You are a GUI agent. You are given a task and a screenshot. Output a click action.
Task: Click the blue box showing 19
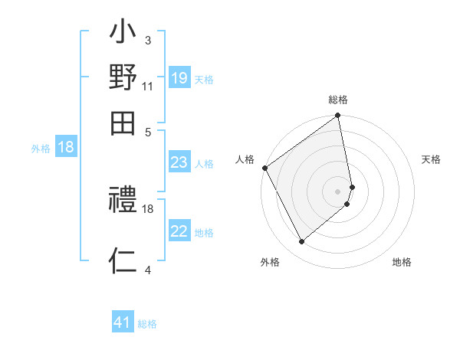(179, 77)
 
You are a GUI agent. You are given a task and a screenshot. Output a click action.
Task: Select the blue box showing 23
(179, 162)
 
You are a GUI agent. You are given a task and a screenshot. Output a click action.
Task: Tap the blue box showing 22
(179, 231)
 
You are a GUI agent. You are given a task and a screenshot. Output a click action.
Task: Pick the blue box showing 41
(123, 322)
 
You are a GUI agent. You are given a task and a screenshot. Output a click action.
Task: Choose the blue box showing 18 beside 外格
(66, 147)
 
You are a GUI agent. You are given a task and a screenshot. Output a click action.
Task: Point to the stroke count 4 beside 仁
(147, 270)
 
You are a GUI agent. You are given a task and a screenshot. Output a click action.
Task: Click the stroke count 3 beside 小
(147, 40)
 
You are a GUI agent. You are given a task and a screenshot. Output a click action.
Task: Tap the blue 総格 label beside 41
(147, 324)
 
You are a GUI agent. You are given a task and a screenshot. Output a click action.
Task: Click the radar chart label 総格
(338, 100)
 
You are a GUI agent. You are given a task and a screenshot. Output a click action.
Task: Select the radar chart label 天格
(431, 159)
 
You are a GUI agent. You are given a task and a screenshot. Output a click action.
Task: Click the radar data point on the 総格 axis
(338, 116)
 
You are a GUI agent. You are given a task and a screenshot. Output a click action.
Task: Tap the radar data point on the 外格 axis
(301, 241)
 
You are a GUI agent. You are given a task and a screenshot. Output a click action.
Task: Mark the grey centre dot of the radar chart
(338, 191)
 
